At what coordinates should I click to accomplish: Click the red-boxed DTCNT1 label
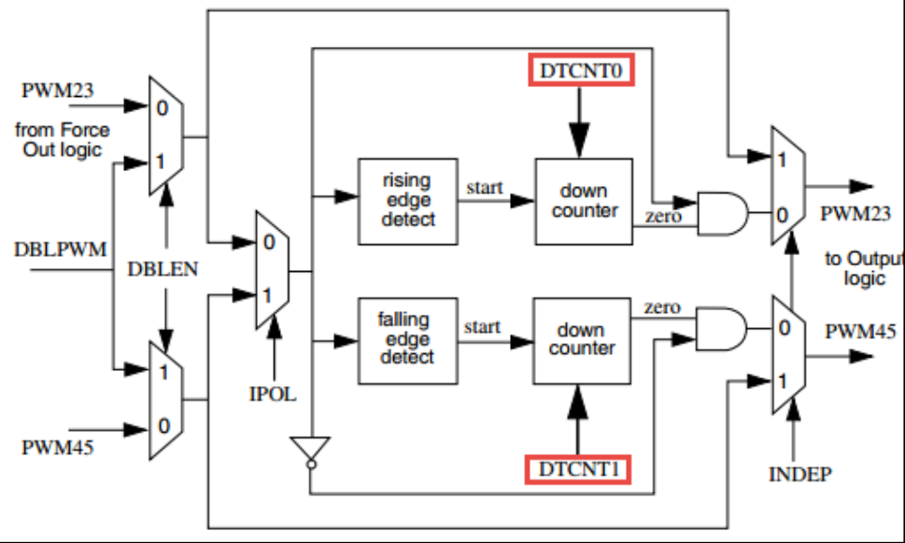[x=578, y=468]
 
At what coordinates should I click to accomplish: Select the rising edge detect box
[x=407, y=202]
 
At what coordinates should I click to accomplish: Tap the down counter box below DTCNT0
[x=584, y=202]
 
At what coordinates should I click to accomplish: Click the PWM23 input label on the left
[x=55, y=92]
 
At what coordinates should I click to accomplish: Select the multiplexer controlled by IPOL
[x=273, y=270]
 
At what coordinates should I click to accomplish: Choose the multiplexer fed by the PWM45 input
[x=166, y=400]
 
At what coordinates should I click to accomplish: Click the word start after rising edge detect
[x=484, y=188]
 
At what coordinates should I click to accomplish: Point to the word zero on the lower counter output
[x=661, y=307]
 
